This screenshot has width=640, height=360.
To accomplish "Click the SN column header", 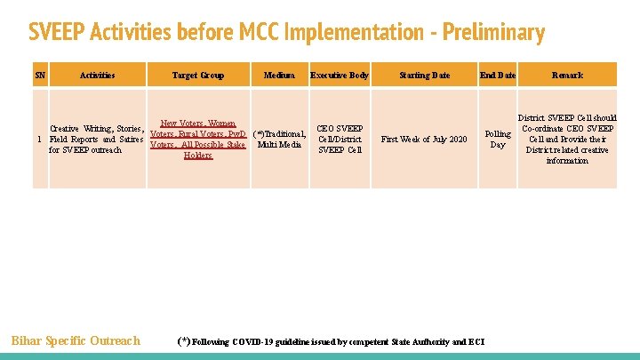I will [x=39, y=76].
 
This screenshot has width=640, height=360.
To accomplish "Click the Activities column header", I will [x=97, y=76].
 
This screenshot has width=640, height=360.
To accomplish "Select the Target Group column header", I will [x=197, y=76].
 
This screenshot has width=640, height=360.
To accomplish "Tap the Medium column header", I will [x=279, y=76].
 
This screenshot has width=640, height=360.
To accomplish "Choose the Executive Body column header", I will [x=340, y=76].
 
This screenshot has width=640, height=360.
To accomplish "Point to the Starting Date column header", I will [x=424, y=76].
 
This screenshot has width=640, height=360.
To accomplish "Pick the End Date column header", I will [x=498, y=76].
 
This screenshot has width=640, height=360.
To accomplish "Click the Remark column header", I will [x=567, y=76].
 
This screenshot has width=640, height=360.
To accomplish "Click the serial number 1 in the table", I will [x=39, y=140].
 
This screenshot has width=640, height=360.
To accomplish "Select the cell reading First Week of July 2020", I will [x=424, y=140].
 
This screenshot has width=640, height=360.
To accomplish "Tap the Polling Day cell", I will [x=498, y=140].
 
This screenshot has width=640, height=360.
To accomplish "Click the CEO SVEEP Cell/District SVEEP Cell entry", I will [x=340, y=139].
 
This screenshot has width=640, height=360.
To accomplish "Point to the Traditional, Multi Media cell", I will [x=279, y=140].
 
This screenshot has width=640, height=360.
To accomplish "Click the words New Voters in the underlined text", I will [x=180, y=124].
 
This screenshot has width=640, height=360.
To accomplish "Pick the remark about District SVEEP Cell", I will [x=567, y=140].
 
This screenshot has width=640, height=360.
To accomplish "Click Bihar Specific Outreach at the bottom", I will [x=76, y=340].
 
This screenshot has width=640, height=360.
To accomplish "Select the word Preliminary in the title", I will [x=495, y=33].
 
